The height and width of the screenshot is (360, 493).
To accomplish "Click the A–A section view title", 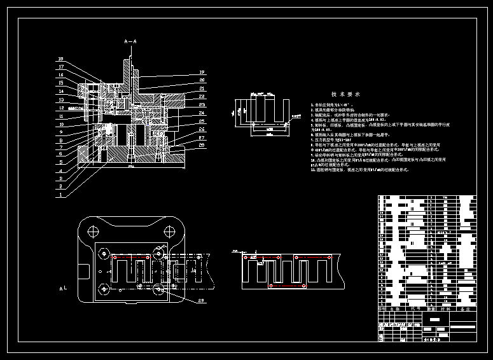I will [x=130, y=41].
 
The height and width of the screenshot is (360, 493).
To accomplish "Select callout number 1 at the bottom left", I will [x=60, y=195].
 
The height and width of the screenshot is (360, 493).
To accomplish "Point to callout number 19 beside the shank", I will [x=201, y=72].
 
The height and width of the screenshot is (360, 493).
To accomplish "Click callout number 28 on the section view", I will [x=201, y=145].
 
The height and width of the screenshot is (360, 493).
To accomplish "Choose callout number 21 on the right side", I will [x=201, y=88].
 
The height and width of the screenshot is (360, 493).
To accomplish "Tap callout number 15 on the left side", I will [x=60, y=83].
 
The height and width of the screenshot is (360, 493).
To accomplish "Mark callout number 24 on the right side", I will [x=201, y=112].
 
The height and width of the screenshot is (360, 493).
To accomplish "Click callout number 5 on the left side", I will [x=60, y=163].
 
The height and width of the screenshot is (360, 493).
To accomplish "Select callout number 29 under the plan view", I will [x=201, y=300].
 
